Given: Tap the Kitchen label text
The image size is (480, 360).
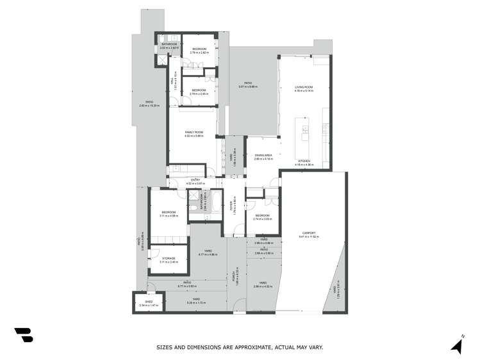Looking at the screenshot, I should coord(303,161).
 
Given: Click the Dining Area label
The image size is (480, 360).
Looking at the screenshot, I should coord(263,156).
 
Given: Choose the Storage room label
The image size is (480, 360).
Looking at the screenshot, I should coord(168,258).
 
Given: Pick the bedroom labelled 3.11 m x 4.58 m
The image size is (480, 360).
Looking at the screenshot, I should coord(168,213).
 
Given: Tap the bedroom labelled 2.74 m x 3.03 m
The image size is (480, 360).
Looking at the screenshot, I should coord(262,216).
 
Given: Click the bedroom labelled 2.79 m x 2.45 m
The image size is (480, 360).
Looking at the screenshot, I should coord(199,91).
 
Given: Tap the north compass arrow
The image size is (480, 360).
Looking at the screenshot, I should coord(457,346).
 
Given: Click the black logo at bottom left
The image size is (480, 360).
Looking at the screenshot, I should coord(23,336).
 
